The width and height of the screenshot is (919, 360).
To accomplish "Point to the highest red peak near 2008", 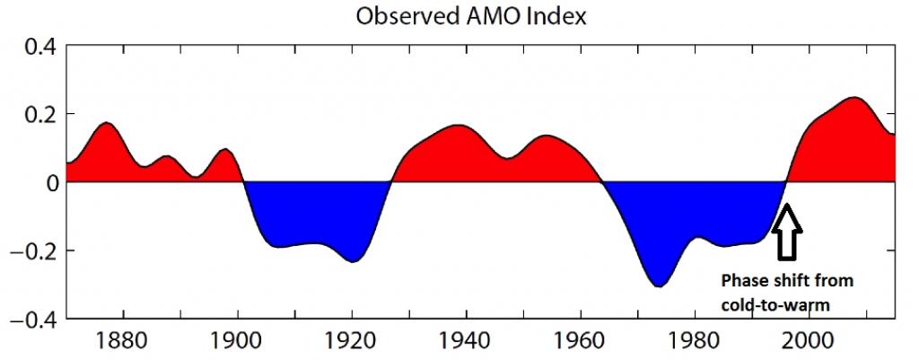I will coord(853,98).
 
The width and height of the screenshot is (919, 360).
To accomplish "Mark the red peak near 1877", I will coord(106,123).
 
